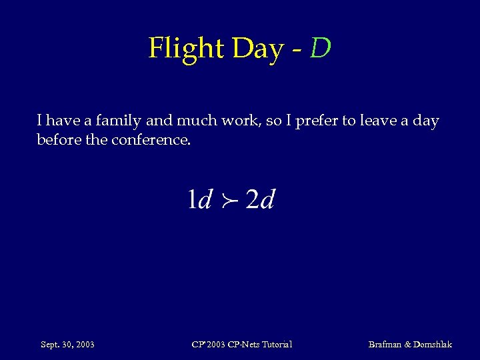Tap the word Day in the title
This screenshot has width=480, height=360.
(257, 48)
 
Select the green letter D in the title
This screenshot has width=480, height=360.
(320, 48)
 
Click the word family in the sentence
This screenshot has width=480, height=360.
(119, 121)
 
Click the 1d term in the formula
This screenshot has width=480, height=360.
(199, 199)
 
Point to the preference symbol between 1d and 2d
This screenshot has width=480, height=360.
(229, 200)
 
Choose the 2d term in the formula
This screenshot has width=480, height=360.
(260, 199)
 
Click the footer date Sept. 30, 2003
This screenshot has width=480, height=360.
(67, 344)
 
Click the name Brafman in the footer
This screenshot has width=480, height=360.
(385, 344)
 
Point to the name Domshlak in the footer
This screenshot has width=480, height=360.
(433, 344)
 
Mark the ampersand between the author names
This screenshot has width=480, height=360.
(407, 344)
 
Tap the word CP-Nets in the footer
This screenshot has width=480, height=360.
(240, 344)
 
